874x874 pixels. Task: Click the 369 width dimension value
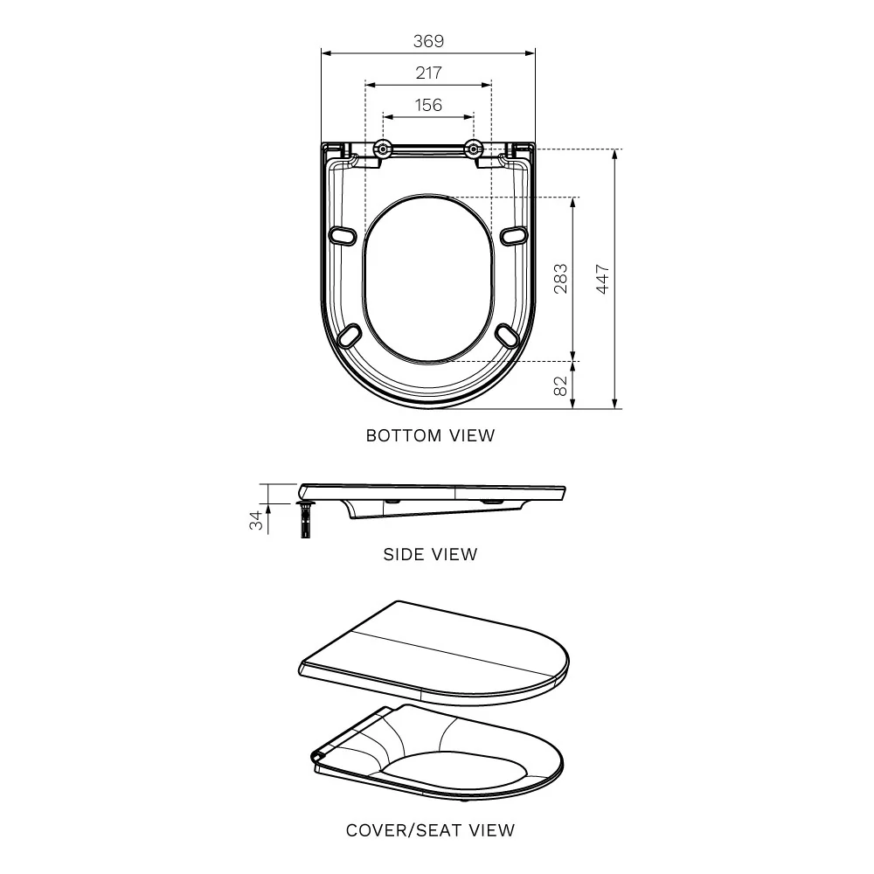click(x=428, y=41)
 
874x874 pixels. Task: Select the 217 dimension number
click(x=428, y=73)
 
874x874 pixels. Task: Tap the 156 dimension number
click(x=428, y=106)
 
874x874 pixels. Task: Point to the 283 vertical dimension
click(x=560, y=279)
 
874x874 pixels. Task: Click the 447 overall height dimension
click(x=602, y=279)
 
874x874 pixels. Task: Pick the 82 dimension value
click(x=560, y=385)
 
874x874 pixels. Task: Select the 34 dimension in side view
click(x=256, y=521)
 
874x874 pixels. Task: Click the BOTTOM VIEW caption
click(x=430, y=435)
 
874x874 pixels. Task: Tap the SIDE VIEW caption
click(x=430, y=554)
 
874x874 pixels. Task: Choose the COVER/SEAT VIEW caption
click(x=430, y=830)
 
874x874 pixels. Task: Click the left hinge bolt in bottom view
click(x=382, y=149)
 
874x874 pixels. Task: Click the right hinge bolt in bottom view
click(x=475, y=149)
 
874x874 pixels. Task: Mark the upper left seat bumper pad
click(x=344, y=235)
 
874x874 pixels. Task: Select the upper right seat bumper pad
click(x=514, y=235)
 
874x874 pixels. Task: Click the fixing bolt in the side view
click(x=305, y=521)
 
